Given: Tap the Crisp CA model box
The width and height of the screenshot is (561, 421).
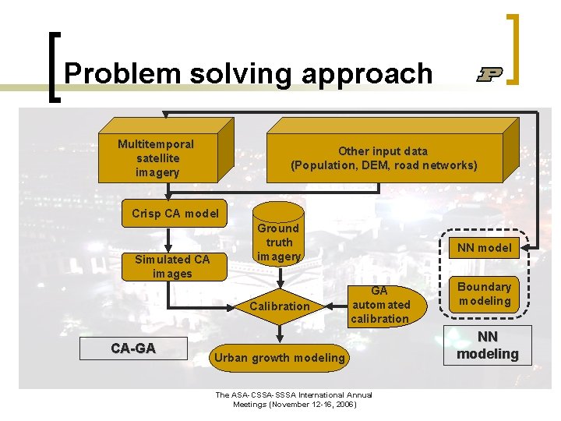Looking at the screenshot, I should [x=175, y=214].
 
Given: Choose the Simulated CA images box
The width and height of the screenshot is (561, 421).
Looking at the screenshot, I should [x=172, y=267].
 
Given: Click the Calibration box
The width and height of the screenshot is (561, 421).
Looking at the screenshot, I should [x=279, y=306].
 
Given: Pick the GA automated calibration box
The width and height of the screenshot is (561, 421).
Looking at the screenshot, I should [x=379, y=305].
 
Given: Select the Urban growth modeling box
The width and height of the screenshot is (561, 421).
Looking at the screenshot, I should [x=279, y=358].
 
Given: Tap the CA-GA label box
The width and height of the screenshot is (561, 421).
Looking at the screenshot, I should [x=133, y=348].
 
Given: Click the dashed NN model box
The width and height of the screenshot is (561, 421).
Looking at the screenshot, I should [x=485, y=248].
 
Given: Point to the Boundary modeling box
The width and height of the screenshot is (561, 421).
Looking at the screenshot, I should [x=485, y=294].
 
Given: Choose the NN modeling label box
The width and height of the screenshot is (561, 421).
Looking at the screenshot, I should [x=487, y=346].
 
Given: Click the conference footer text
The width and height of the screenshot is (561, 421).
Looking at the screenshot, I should [x=293, y=399].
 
